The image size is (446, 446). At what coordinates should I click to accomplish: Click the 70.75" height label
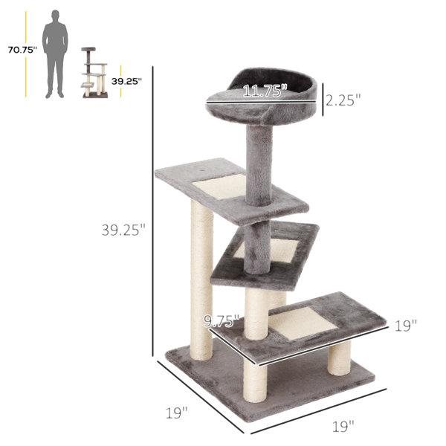tap(22, 50)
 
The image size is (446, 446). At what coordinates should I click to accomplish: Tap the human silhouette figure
tap(55, 54)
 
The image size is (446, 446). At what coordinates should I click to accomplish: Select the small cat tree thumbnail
tap(94, 73)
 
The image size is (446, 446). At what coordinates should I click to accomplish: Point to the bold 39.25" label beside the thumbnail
tap(126, 81)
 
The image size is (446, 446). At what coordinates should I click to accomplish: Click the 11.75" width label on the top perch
tap(265, 91)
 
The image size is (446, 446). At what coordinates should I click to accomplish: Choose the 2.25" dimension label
tap(343, 100)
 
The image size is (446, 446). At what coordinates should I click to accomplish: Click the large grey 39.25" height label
tap(123, 230)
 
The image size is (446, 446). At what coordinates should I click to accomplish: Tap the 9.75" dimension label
tap(222, 321)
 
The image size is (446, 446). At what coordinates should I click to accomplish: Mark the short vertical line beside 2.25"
tap(323, 100)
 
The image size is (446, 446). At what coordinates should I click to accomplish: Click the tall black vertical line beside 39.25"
tap(152, 211)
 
